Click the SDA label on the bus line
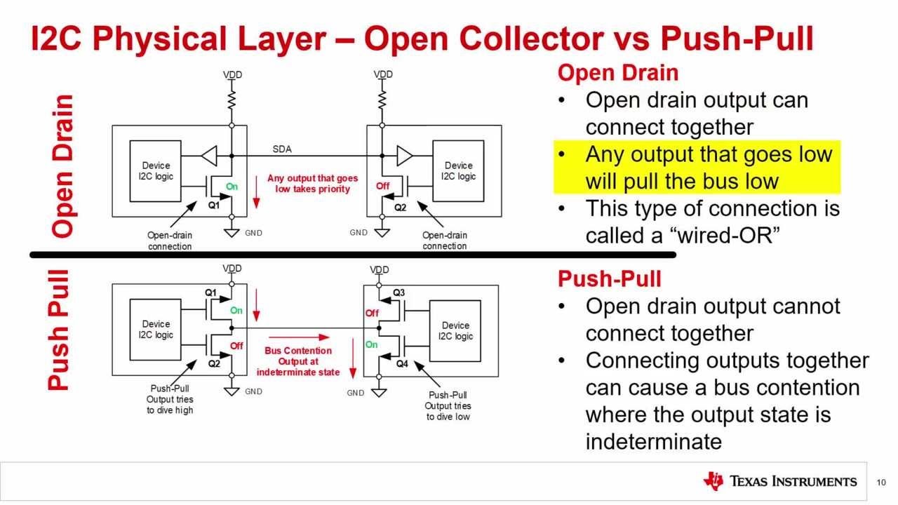click(x=281, y=149)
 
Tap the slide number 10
click(x=880, y=482)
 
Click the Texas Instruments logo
click(x=779, y=481)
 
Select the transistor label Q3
click(x=398, y=292)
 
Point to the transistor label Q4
click(x=401, y=364)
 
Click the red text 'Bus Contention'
click(x=298, y=351)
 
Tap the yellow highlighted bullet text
click(x=709, y=167)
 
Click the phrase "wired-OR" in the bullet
click(x=728, y=236)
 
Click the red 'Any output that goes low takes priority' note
click(x=312, y=184)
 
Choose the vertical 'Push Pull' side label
click(x=60, y=330)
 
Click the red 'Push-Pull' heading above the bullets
click(x=609, y=279)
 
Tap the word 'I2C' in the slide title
click(x=58, y=39)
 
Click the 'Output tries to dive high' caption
click(x=170, y=399)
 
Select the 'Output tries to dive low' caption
click(x=448, y=405)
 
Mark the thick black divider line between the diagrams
click(x=351, y=255)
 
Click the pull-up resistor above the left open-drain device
click(x=232, y=97)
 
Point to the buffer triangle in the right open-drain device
click(x=405, y=154)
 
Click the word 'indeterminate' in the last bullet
click(x=653, y=441)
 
